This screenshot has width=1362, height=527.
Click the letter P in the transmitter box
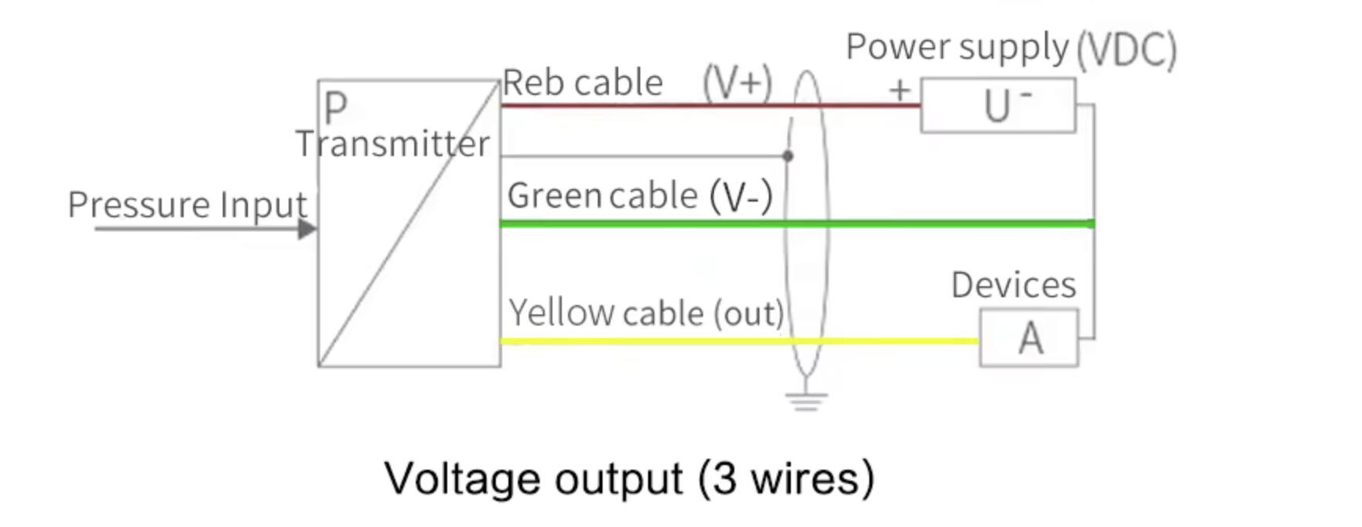pos(335,107)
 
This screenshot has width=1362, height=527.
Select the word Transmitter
pos(392,144)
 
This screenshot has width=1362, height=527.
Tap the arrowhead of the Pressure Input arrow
pos(308,229)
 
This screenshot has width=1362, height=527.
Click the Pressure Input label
pos(187,205)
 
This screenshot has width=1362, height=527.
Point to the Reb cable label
pos(582,83)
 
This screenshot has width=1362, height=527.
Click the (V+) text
pos(737,83)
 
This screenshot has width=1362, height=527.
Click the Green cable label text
pos(602,196)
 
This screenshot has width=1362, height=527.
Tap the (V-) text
pos(741,197)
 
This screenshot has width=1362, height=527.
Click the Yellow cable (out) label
pos(646,314)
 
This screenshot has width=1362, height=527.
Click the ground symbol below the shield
pos(807,401)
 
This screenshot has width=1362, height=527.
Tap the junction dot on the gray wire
pos(788,156)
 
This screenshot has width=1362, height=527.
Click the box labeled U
pos(998,106)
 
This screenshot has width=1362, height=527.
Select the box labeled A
pos(1029,339)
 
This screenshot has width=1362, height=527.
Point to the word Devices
pos(1013,285)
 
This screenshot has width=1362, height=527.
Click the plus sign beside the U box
pos(900,91)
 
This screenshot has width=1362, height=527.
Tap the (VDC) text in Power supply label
pos(1126,50)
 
